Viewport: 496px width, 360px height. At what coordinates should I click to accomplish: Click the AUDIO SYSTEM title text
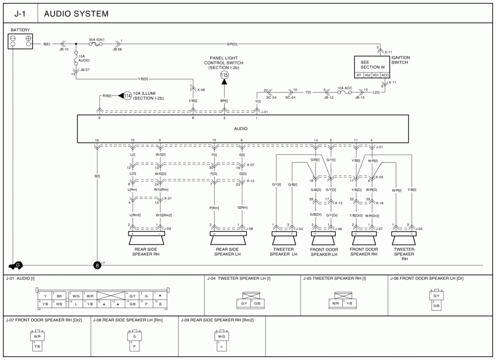76,14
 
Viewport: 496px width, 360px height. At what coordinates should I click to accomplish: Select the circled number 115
224,74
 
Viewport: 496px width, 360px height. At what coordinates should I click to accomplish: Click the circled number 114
127,96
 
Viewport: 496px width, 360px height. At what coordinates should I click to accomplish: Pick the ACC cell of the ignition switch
385,75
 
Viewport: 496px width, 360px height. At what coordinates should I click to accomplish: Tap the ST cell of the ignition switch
359,75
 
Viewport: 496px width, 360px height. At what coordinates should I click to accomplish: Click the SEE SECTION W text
369,64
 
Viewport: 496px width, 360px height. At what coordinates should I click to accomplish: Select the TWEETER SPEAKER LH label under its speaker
283,251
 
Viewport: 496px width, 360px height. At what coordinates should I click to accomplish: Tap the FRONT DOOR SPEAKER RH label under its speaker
364,251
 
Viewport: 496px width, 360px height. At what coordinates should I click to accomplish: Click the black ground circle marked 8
97,265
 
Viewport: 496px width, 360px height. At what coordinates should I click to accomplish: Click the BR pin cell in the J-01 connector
60,296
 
